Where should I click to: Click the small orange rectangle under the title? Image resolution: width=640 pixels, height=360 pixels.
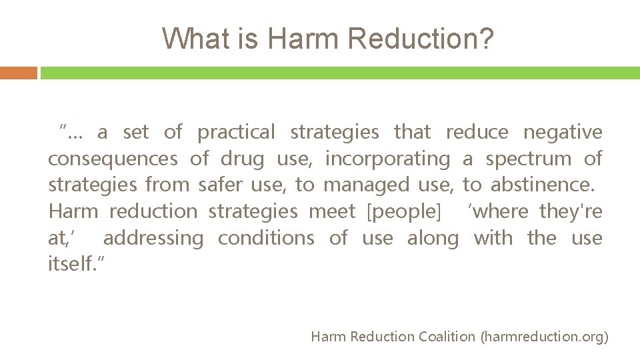pyautogui.click(x=19, y=73)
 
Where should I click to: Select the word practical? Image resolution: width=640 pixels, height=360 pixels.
pyautogui.click(x=236, y=132)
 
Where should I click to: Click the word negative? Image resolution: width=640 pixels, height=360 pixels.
pyautogui.click(x=563, y=132)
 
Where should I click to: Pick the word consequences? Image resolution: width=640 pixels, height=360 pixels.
pyautogui.click(x=113, y=159)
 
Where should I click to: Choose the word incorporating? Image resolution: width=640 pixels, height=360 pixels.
pyautogui.click(x=387, y=159)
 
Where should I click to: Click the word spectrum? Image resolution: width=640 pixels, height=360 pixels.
pyautogui.click(x=529, y=159)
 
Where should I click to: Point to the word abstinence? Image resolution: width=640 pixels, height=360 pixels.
pyautogui.click(x=542, y=185)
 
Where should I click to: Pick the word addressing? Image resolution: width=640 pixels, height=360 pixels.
pyautogui.click(x=153, y=238)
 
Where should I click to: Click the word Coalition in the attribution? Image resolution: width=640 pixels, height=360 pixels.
pyautogui.click(x=447, y=337)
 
